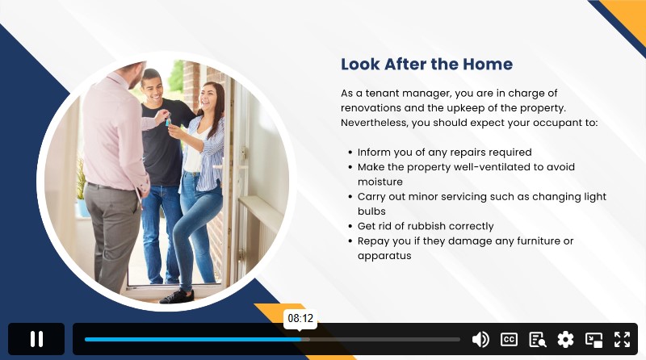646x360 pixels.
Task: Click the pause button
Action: (36, 339)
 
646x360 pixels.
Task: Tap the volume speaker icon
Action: (480, 339)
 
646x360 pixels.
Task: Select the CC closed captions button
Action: (509, 339)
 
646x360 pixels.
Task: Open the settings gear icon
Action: (565, 339)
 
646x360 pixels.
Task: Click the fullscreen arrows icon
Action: (622, 339)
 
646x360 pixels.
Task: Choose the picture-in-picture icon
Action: (594, 340)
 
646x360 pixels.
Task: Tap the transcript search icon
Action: (537, 339)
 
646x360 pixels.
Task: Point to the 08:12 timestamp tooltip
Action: (300, 318)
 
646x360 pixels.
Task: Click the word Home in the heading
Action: (488, 65)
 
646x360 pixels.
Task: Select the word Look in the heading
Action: (360, 65)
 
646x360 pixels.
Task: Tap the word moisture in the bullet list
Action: (380, 182)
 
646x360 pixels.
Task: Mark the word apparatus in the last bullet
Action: (384, 256)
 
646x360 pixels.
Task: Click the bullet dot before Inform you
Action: (350, 153)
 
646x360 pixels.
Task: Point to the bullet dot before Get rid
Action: (350, 227)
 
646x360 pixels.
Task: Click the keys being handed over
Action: (168, 119)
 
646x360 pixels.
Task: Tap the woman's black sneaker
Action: (176, 296)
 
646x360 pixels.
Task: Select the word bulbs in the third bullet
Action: (371, 211)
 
